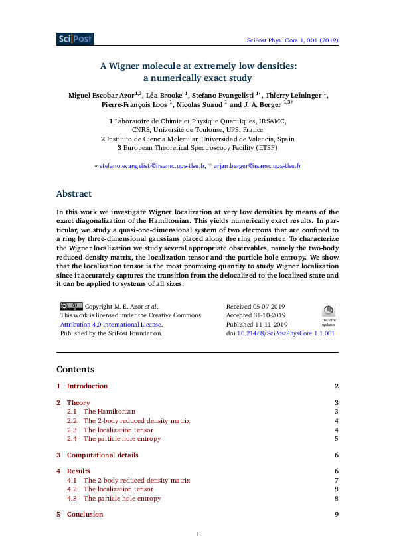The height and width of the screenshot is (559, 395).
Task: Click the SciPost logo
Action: (75, 39)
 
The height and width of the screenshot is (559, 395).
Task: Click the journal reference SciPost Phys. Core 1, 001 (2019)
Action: (292, 40)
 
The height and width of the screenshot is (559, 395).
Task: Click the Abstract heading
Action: (74, 194)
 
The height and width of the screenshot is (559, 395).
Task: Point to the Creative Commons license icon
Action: (71, 306)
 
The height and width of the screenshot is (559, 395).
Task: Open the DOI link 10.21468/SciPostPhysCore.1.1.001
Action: (285, 333)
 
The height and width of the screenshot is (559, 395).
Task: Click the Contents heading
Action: (75, 369)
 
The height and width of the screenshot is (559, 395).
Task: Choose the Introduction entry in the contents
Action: (87, 386)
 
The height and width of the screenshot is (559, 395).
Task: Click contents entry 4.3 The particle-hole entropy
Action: (121, 498)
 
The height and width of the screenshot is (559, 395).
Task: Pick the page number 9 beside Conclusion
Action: (337, 515)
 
